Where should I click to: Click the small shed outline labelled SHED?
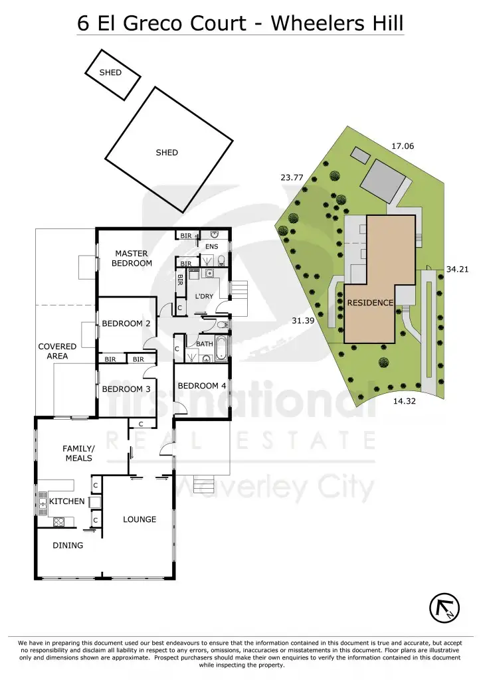tap(112, 73)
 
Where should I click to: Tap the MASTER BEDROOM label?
tap(132, 258)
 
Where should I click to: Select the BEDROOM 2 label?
tap(126, 323)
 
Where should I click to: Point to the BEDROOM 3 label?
tap(126, 389)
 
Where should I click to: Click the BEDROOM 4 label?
tap(202, 386)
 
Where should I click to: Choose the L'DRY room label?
tap(204, 296)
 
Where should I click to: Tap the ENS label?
tap(212, 247)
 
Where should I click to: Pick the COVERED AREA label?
tap(57, 351)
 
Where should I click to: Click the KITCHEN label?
tap(66, 501)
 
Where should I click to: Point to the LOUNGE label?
tap(140, 519)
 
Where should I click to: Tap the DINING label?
tap(68, 545)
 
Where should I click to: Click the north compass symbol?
tap(445, 606)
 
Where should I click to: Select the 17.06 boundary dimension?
tap(403, 145)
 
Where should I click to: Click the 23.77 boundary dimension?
tap(292, 177)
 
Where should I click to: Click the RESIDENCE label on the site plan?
tap(370, 303)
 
